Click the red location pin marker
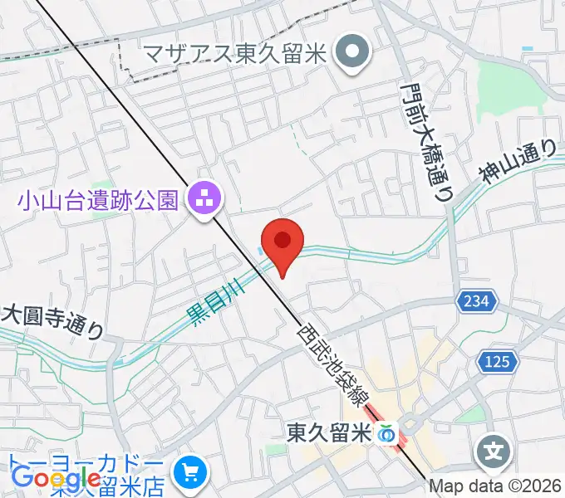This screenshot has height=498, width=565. [x=282, y=242]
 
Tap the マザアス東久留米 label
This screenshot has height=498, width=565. [x=235, y=54]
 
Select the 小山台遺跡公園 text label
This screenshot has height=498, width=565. [x=97, y=199]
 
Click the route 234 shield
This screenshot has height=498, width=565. [x=477, y=300]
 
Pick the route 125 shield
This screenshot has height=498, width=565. [x=499, y=362]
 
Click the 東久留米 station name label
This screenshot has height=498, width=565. [x=328, y=432]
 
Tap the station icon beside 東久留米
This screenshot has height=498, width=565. [x=386, y=432]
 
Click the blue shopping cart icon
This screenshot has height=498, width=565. [x=192, y=472]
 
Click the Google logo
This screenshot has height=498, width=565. [x=56, y=479]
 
